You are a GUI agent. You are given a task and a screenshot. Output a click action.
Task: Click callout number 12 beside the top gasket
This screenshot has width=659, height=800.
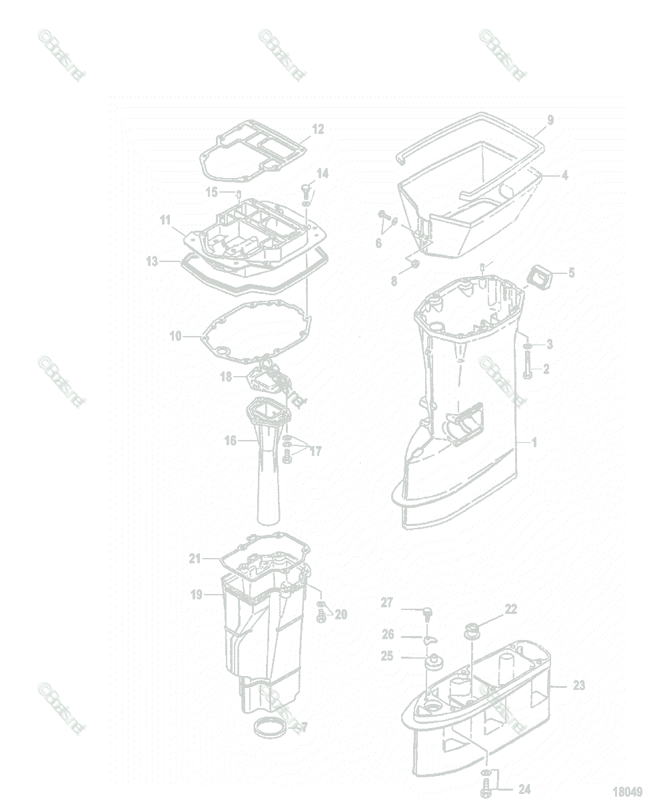[318, 129]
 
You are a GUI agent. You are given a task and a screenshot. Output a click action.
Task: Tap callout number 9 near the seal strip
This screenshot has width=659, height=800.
[550, 121]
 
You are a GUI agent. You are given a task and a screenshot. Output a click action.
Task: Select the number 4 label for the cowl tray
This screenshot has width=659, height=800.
[564, 176]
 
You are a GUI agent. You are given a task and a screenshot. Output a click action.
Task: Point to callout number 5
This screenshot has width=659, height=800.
[570, 272]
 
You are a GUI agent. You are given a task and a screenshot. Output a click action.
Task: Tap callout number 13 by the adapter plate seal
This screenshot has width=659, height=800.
[153, 262]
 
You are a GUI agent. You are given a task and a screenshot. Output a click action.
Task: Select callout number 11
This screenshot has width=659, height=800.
[165, 219]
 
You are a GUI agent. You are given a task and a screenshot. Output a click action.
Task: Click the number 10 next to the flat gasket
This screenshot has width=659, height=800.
[175, 337]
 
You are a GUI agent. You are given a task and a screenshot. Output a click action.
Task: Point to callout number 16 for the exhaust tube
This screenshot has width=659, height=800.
[231, 441]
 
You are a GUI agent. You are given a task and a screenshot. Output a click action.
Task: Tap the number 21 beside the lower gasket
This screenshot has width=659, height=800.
[195, 559]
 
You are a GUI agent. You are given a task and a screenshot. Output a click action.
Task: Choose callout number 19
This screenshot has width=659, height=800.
[197, 595]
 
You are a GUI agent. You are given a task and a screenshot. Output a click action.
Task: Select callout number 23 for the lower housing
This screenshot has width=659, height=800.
[578, 685]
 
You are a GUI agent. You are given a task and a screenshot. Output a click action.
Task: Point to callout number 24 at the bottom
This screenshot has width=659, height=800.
[524, 789]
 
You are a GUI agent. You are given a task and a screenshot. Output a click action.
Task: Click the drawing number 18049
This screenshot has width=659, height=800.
[627, 791]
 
